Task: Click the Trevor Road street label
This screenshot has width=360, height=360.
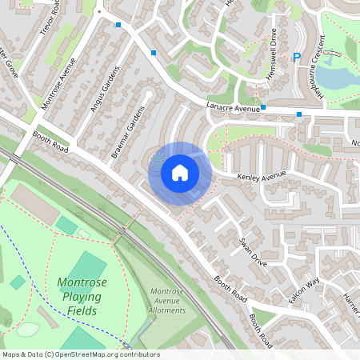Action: point(52,19)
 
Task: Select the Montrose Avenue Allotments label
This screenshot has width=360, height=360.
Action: point(167,301)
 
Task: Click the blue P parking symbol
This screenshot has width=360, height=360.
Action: point(297,58)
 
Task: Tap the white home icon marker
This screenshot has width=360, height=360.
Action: point(180,172)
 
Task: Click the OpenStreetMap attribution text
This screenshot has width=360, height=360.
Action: point(80,354)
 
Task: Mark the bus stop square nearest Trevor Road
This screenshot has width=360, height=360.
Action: point(118,25)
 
